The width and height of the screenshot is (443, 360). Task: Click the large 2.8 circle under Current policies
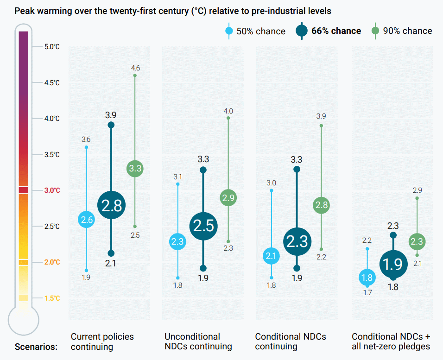point(111,205)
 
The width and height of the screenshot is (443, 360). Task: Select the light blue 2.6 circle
point(87,220)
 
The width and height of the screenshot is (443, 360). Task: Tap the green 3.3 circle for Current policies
point(135,169)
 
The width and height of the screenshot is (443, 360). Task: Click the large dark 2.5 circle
point(203,226)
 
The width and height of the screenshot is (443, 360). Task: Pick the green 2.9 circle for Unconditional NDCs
point(228,198)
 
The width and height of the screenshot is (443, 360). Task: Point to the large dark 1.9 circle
point(393,264)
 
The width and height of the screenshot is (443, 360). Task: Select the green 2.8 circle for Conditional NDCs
point(321,205)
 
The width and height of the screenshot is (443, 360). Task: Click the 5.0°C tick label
point(52,47)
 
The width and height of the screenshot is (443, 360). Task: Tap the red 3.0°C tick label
point(52,190)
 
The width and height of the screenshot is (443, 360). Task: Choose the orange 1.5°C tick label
point(52,298)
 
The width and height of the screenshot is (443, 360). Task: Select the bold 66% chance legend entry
point(328,31)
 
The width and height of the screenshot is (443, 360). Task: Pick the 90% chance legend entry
point(402,31)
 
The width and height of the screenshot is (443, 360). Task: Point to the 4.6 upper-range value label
point(135,68)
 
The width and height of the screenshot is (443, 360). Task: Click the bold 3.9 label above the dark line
point(111,114)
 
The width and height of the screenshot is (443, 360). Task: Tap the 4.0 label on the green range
point(228,111)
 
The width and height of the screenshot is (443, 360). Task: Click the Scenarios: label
point(36,346)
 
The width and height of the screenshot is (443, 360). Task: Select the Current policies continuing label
point(102,341)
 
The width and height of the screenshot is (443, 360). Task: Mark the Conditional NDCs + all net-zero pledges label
point(391,341)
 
